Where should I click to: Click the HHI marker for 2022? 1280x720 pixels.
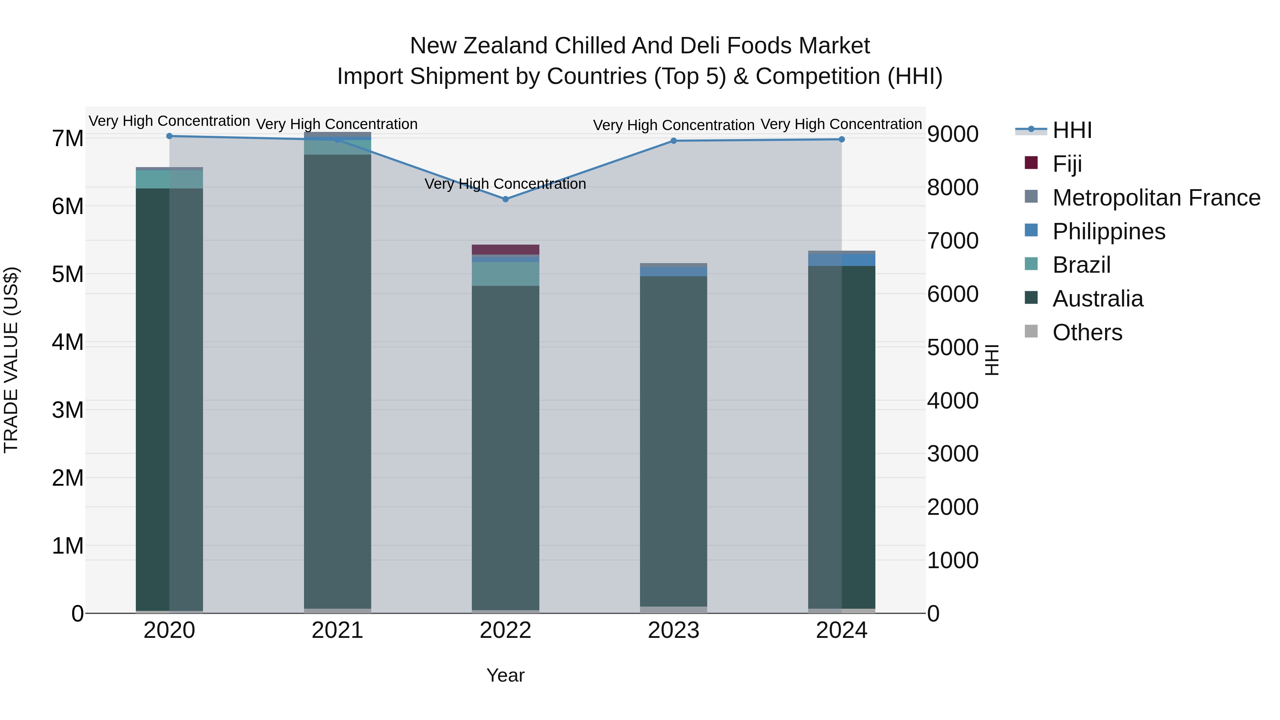[505, 199]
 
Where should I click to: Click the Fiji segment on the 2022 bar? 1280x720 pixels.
[505, 250]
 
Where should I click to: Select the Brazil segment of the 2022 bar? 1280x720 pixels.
[505, 274]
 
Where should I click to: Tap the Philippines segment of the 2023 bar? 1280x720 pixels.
[673, 272]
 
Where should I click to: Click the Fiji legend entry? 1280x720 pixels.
[1067, 164]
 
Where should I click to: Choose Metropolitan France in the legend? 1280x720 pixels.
[1156, 197]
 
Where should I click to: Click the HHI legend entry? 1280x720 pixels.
[1072, 130]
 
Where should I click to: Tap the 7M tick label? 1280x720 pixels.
[68, 138]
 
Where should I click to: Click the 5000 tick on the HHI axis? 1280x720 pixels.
[953, 347]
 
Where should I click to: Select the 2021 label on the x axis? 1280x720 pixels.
[337, 630]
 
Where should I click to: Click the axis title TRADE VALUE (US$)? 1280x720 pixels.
[11, 360]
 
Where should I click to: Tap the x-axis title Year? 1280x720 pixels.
[505, 675]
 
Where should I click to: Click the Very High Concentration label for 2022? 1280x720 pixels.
[505, 184]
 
